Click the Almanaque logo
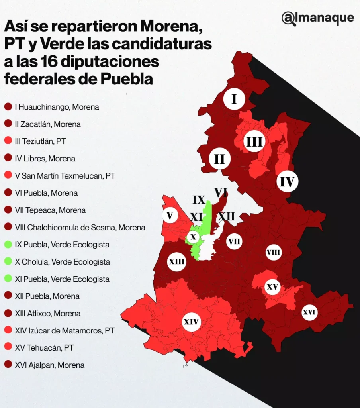317,18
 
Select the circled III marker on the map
254,142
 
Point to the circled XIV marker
191,322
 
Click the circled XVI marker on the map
309,312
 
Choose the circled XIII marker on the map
176,262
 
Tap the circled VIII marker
274,252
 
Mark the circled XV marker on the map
272,286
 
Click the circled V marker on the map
170,216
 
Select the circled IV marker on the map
287,182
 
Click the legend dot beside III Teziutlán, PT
8,141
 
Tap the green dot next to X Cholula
8,262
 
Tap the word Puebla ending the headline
127,78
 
